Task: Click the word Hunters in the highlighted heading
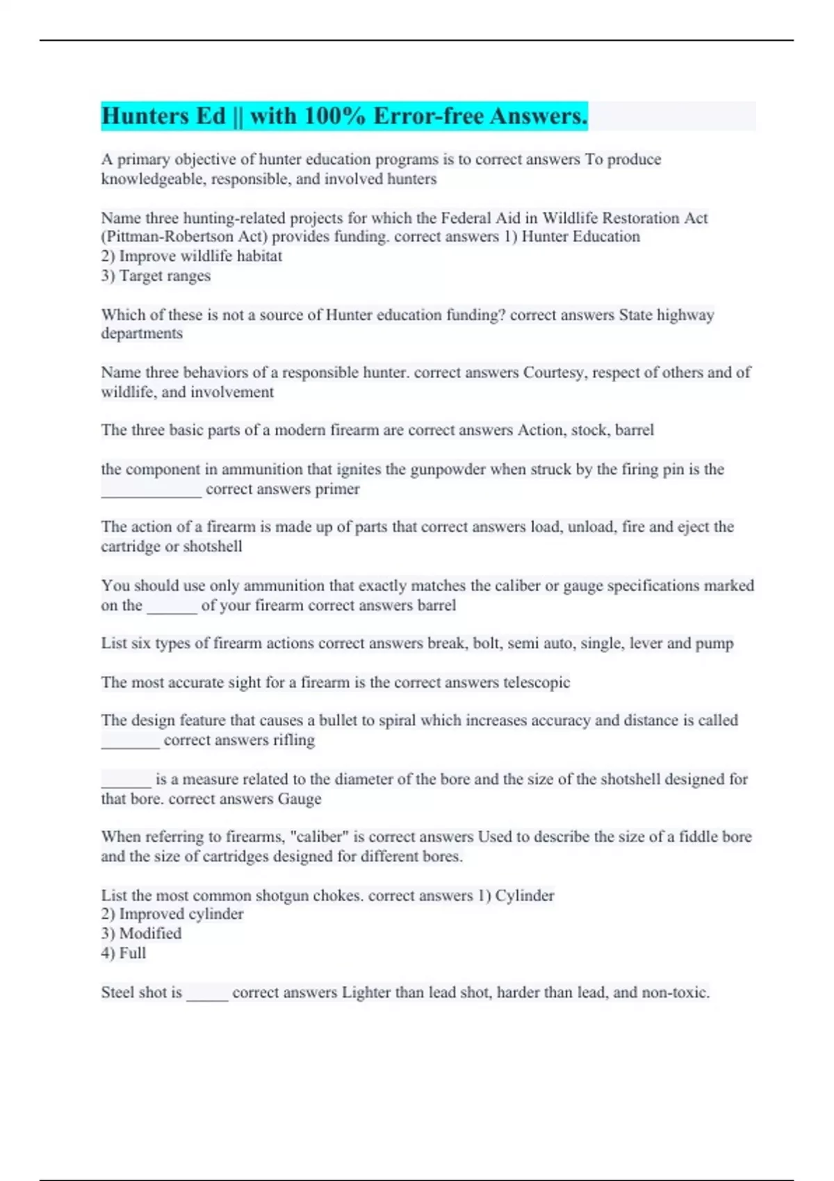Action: point(145,116)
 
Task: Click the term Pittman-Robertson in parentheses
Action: point(170,237)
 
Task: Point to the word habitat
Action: point(259,256)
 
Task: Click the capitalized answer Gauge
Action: point(300,799)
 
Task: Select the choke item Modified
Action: point(150,934)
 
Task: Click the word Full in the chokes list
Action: point(133,953)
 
